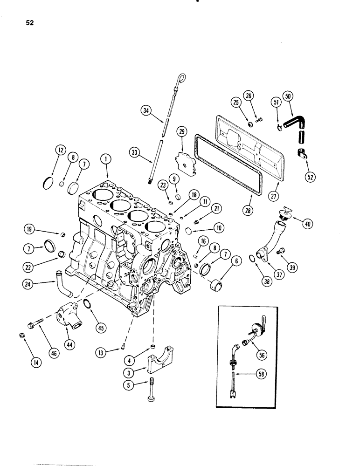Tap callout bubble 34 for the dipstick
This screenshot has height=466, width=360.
(x=146, y=110)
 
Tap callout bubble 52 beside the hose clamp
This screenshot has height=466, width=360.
(x=310, y=176)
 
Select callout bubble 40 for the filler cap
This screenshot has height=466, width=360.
(x=307, y=223)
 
